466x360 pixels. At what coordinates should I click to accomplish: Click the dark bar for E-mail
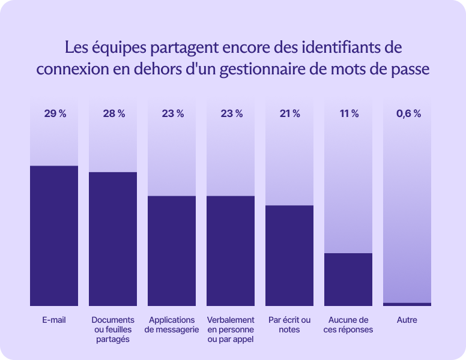(x=54, y=235)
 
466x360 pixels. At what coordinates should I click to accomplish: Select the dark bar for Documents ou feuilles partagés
(x=113, y=239)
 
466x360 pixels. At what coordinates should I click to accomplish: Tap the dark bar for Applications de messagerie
(x=172, y=251)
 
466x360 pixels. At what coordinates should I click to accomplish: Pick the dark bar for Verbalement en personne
(x=231, y=251)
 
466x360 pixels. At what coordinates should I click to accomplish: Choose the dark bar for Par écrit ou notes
(x=289, y=256)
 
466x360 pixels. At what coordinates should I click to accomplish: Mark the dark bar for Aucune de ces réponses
(x=348, y=280)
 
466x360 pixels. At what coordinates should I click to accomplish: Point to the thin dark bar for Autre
(x=407, y=304)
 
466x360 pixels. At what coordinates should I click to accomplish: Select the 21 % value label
(x=289, y=114)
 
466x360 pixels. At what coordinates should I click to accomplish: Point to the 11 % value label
(x=349, y=114)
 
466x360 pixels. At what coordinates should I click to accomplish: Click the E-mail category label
(x=54, y=320)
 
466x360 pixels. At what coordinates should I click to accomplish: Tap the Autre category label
(x=407, y=320)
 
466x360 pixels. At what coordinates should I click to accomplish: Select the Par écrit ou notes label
(x=289, y=325)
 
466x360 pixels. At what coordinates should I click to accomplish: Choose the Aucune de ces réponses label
(x=348, y=325)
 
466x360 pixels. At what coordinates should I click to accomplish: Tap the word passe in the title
(x=411, y=68)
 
